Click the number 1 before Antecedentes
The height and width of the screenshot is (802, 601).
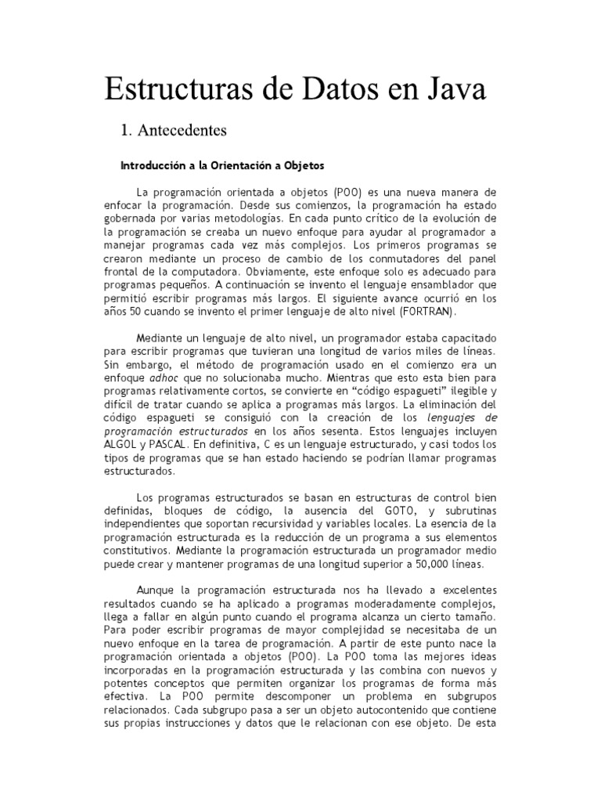tap(124, 128)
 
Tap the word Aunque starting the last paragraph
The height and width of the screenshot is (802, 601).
tap(157, 589)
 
